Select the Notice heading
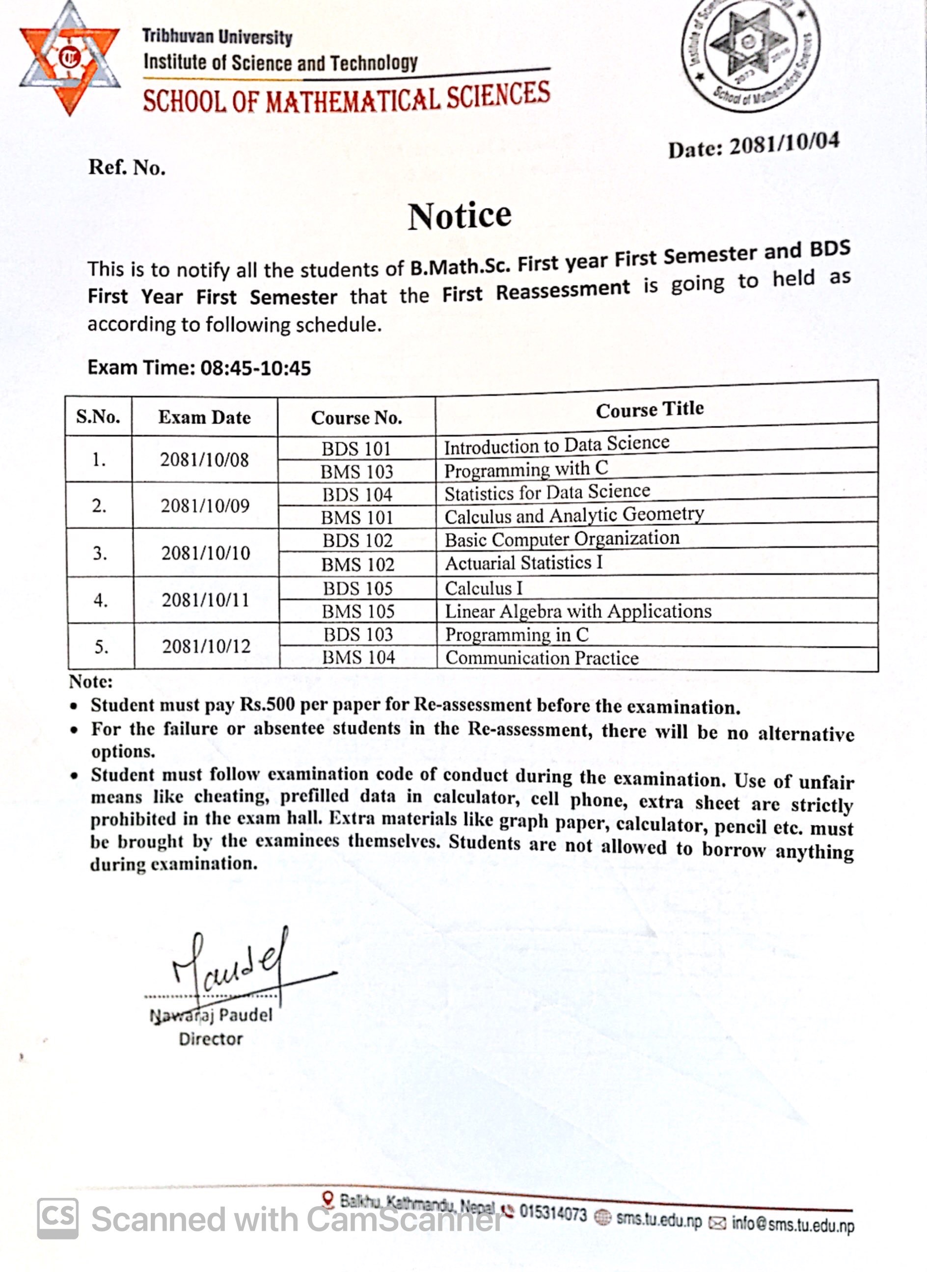click(x=460, y=216)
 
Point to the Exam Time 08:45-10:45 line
click(x=199, y=368)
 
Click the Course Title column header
click(x=649, y=409)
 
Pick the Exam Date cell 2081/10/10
click(x=206, y=553)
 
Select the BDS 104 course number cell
click(x=357, y=495)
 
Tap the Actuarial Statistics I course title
click(x=523, y=562)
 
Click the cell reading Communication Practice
click(x=542, y=658)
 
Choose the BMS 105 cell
click(x=358, y=611)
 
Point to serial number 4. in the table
click(x=101, y=600)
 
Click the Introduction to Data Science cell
click(x=557, y=445)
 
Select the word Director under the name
click(x=211, y=1039)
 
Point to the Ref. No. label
click(x=127, y=167)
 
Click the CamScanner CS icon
click(x=58, y=1219)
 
